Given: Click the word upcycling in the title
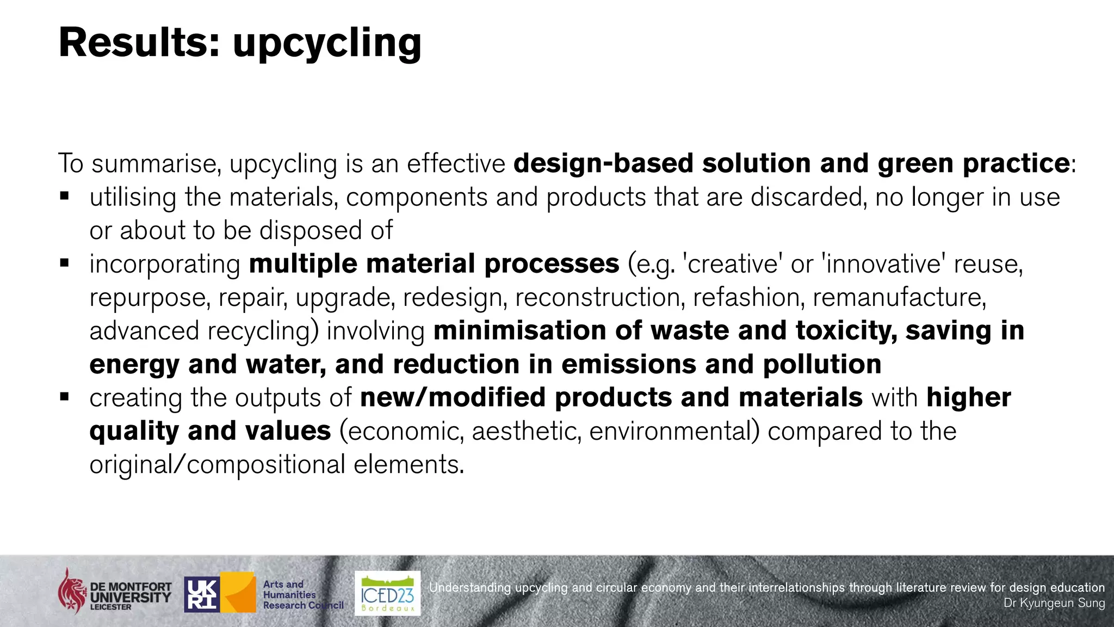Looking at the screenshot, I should pos(327,44).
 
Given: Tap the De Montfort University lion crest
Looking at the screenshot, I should pos(72,591).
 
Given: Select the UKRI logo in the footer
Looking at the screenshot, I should pos(202,594).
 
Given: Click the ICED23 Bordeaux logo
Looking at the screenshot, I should pos(387,593).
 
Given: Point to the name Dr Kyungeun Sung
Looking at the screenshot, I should pos(1054,603).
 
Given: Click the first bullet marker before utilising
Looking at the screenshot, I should pos(65,196).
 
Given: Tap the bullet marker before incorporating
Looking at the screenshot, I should pos(65,263).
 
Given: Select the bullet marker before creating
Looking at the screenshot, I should pos(65,397).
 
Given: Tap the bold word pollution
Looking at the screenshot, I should pos(822,364).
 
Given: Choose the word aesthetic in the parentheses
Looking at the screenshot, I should pos(526,431).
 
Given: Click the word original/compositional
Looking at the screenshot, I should pos(217,465).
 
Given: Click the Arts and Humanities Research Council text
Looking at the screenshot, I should pos(302,594).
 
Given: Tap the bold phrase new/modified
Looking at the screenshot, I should pos(453,397).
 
